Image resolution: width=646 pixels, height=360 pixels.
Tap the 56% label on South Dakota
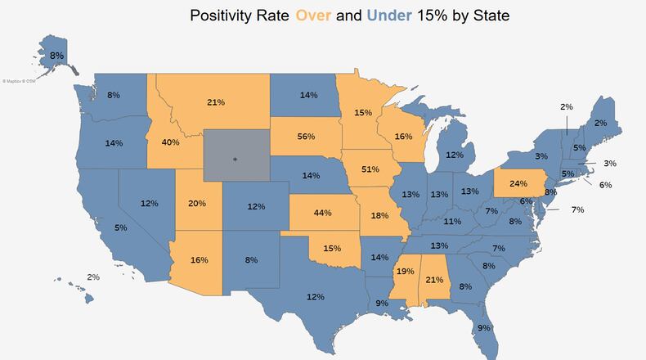coord(307,137)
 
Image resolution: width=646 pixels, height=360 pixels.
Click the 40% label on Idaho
coord(170,142)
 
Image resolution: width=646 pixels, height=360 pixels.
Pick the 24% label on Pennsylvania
coord(518,183)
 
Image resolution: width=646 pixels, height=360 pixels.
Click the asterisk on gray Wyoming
coord(235,160)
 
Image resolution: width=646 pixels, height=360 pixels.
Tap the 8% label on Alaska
coord(56,56)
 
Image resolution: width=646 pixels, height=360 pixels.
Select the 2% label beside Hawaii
coord(93,277)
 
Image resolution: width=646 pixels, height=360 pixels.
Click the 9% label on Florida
coord(483,328)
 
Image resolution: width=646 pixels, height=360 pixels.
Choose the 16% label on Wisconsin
coord(403,138)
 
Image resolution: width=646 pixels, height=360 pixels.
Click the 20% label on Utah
coord(198,205)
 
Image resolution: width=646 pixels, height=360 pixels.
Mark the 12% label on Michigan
coord(455,155)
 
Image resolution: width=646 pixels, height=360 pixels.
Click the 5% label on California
coord(120,227)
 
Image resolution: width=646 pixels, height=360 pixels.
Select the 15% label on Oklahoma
coord(332,248)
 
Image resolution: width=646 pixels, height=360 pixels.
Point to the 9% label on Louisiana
coord(382,304)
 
